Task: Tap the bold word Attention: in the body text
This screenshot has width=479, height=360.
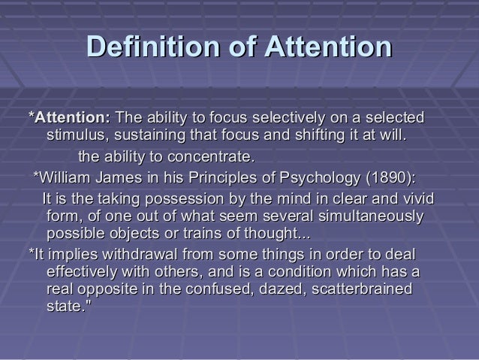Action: pyautogui.click(x=70, y=119)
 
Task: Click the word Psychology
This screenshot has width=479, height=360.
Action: pyautogui.click(x=318, y=179)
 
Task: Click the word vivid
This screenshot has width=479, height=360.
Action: pyautogui.click(x=417, y=200)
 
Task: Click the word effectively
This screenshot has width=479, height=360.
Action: pyautogui.click(x=89, y=272)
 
